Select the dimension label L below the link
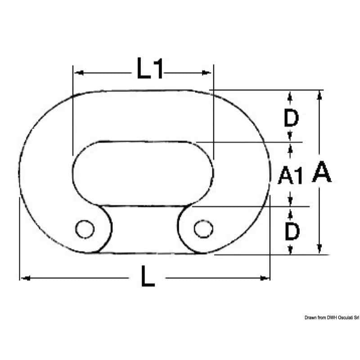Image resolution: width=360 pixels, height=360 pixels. [x=147, y=278]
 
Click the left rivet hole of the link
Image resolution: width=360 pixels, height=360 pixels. [x=83, y=229]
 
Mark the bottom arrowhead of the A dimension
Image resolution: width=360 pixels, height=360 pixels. [x=319, y=249]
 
